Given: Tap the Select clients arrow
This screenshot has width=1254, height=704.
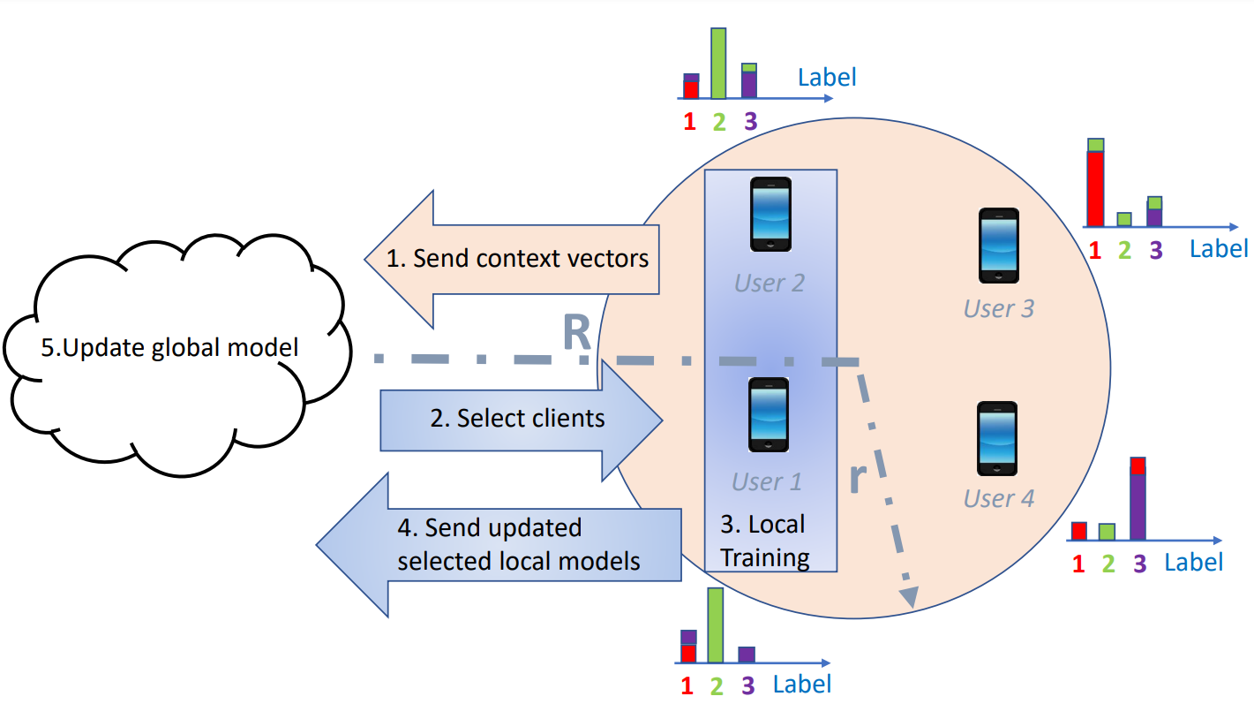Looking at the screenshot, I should pyautogui.click(x=521, y=419).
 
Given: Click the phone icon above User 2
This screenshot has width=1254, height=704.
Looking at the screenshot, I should pyautogui.click(x=770, y=215).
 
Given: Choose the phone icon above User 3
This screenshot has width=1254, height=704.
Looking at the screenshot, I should pyautogui.click(x=999, y=246).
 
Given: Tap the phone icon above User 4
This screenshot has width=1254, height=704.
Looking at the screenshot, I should pyautogui.click(x=997, y=439).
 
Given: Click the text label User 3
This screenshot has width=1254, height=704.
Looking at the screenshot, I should pyautogui.click(x=998, y=308).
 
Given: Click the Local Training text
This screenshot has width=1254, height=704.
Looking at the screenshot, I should pyautogui.click(x=764, y=541).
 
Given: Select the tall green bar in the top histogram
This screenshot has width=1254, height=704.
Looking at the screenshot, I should pyautogui.click(x=718, y=64).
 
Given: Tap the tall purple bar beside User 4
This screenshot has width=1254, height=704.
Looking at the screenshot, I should pyautogui.click(x=1138, y=506).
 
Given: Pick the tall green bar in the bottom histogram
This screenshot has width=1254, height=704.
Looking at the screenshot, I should pyautogui.click(x=716, y=625).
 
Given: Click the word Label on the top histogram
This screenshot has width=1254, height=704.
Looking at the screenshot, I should pyautogui.click(x=826, y=77).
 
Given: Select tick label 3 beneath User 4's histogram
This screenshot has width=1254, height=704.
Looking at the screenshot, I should pyautogui.click(x=1139, y=564).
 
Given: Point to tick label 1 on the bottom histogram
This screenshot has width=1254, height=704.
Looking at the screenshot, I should pyautogui.click(x=687, y=685).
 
